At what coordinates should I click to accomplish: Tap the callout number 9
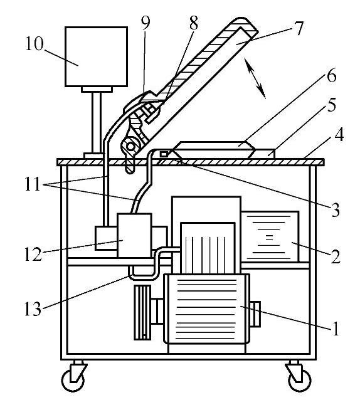(x=146, y=23)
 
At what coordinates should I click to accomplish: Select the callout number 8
(x=194, y=23)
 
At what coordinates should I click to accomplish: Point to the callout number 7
(x=298, y=28)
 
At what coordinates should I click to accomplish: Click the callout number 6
(x=331, y=76)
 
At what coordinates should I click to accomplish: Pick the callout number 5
(x=331, y=105)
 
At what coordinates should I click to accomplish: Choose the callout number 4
(x=339, y=135)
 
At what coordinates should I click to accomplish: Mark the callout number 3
(x=336, y=210)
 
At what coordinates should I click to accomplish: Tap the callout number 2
(x=336, y=256)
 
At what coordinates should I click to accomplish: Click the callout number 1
(x=336, y=329)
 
